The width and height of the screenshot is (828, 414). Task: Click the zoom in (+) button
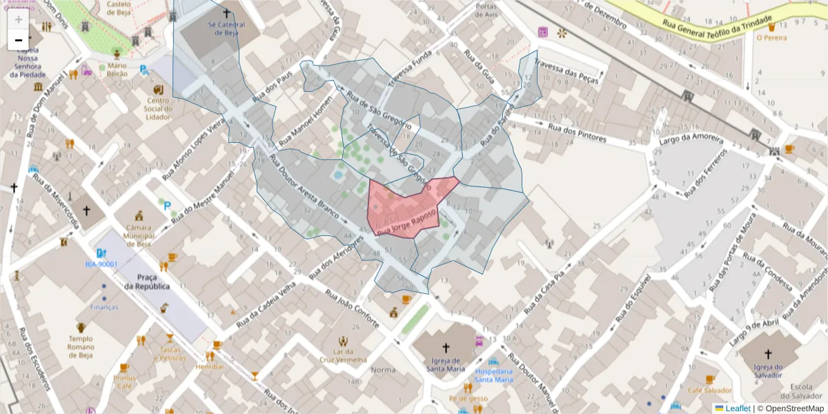19,19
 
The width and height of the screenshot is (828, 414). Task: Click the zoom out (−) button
19,40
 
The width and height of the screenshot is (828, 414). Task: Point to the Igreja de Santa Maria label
445,364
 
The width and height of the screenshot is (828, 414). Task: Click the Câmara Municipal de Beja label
138,235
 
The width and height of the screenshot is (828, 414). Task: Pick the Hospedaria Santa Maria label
493,375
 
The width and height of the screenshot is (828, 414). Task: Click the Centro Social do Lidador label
158,108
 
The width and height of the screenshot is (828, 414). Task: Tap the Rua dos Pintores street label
577,132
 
